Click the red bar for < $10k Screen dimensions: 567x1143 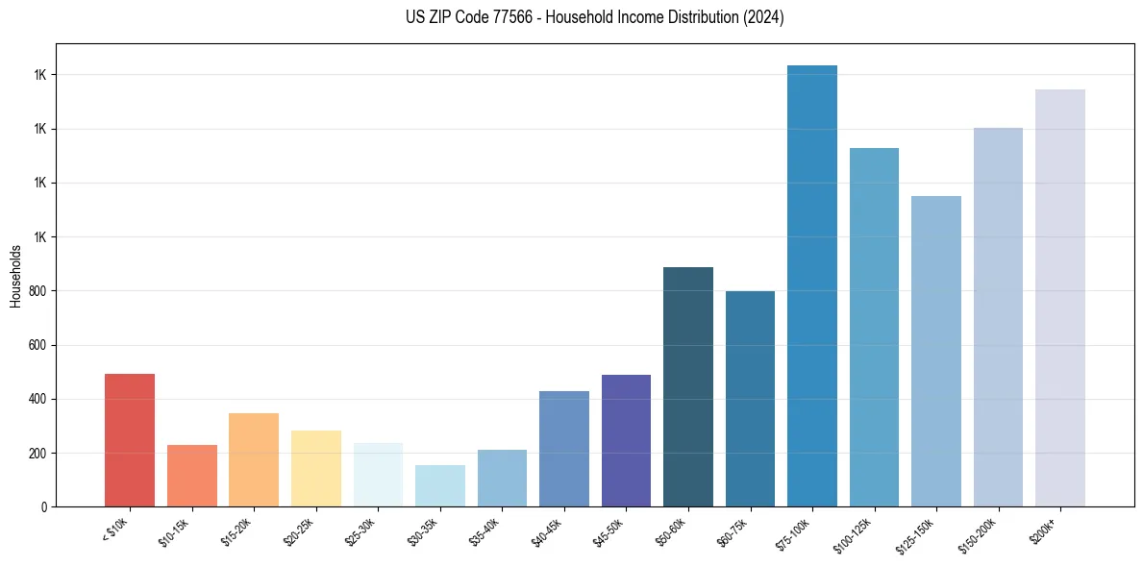tap(130, 440)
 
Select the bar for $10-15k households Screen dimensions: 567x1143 tap(191, 476)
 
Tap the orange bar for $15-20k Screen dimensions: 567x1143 tap(254, 459)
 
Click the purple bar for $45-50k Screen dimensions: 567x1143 tap(626, 440)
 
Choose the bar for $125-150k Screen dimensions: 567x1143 tap(936, 351)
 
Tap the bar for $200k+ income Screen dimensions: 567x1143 tap(1060, 298)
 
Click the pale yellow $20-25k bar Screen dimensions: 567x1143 tap(315, 468)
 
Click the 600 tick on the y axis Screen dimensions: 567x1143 tap(38, 345)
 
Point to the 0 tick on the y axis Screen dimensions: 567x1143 tap(44, 506)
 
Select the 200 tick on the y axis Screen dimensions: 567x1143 tap(38, 453)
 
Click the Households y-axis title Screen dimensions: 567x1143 tap(15, 276)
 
